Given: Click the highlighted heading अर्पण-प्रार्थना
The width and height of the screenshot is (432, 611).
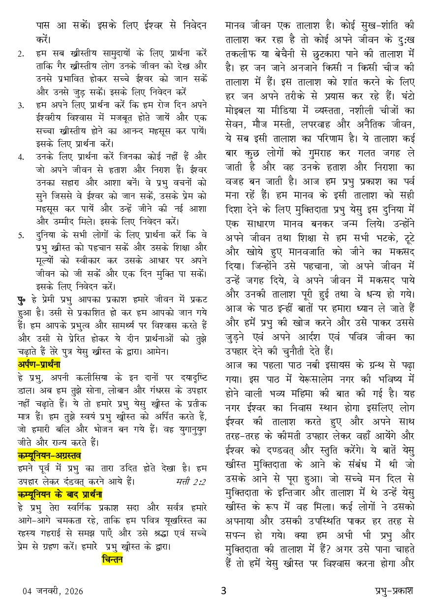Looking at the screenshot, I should [x=38, y=365].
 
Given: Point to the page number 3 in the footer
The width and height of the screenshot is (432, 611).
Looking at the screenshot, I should [x=223, y=591].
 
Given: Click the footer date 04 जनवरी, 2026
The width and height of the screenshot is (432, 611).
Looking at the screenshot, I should [x=53, y=591].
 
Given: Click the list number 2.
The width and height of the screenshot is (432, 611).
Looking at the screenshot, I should [x=21, y=54].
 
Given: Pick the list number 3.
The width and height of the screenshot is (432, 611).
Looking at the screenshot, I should [x=21, y=105].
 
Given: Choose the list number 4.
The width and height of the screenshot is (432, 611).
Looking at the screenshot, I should [x=21, y=157].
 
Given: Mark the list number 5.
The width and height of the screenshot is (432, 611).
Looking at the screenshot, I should [x=21, y=235].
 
